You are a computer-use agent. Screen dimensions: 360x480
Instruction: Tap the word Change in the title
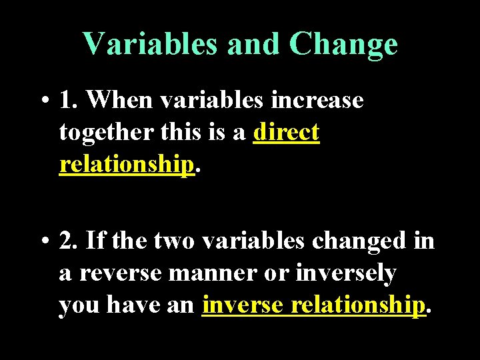pos(344,45)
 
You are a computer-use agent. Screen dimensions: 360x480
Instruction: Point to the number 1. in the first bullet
pos(69,100)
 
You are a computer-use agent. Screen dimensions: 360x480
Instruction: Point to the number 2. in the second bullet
pos(69,240)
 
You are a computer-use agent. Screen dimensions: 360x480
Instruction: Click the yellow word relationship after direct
pos(127,165)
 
